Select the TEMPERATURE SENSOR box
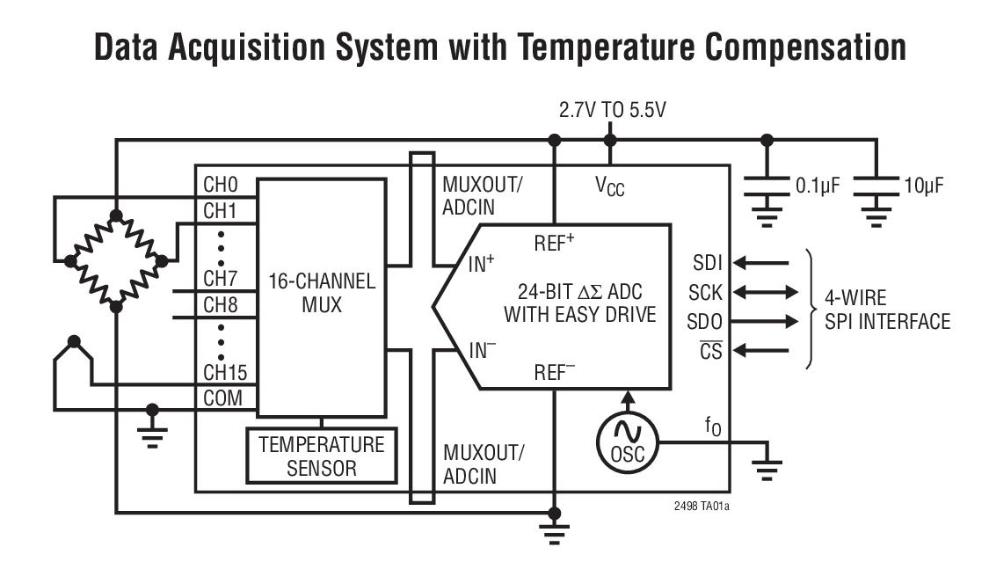pyautogui.click(x=321, y=456)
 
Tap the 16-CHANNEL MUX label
pyautogui.click(x=322, y=294)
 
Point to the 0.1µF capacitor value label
pyautogui.click(x=818, y=186)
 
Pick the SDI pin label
pyautogui.click(x=709, y=261)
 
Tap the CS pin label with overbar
pyautogui.click(x=711, y=351)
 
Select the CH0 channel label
pyautogui.click(x=221, y=186)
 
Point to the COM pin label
pyautogui.click(x=222, y=398)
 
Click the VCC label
pyautogui.click(x=609, y=187)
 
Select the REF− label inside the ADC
pyautogui.click(x=555, y=372)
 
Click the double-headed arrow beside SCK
pyautogui.click(x=763, y=291)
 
